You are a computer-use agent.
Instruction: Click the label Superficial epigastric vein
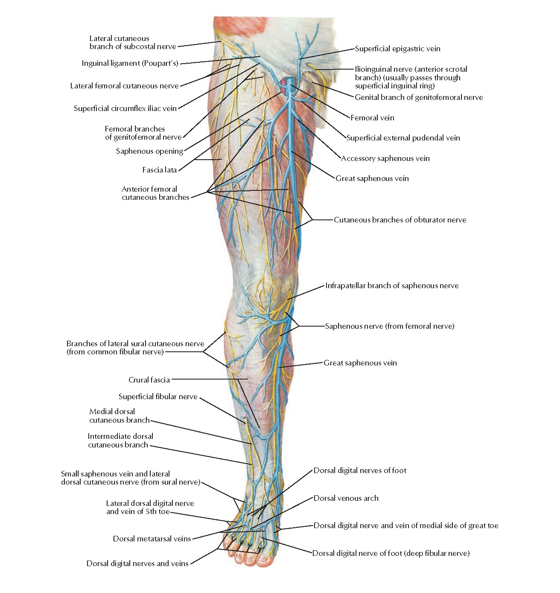click(x=397, y=49)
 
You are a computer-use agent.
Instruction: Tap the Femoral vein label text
click(x=372, y=118)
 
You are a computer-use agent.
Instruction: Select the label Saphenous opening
click(x=149, y=151)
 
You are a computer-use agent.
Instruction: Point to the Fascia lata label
click(x=159, y=170)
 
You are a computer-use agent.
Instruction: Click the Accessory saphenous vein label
click(x=385, y=158)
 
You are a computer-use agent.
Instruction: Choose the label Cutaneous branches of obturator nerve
click(x=400, y=220)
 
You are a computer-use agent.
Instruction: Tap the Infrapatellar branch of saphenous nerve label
click(x=392, y=286)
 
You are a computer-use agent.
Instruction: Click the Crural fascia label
click(x=149, y=380)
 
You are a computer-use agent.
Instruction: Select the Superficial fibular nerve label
click(x=158, y=397)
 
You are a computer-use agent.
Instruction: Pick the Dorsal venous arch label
click(x=346, y=498)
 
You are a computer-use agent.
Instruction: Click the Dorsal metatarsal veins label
click(x=152, y=539)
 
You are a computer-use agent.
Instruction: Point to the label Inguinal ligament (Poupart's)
click(x=130, y=63)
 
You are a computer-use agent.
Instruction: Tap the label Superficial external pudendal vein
click(x=403, y=138)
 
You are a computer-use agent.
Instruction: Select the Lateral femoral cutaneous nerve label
click(x=124, y=86)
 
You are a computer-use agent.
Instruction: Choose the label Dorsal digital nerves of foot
click(x=360, y=470)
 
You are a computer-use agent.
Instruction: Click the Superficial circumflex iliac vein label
click(x=125, y=108)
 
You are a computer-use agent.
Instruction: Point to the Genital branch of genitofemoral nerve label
click(x=419, y=97)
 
